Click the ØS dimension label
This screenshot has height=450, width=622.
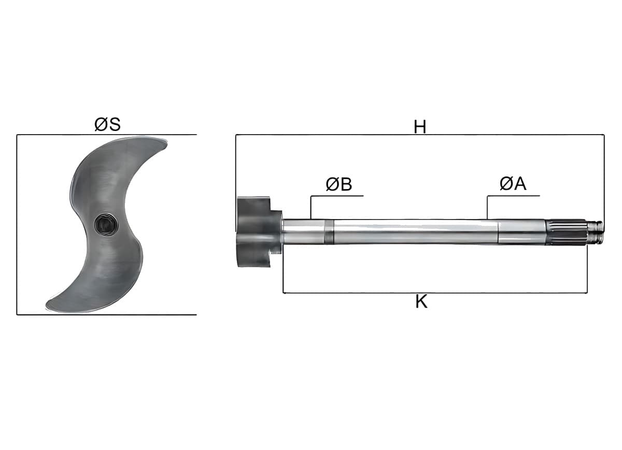(x=107, y=124)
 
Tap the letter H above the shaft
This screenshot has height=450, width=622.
(x=419, y=127)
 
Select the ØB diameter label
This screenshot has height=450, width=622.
(x=339, y=184)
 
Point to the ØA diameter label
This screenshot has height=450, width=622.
(x=513, y=184)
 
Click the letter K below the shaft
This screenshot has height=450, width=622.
(x=421, y=301)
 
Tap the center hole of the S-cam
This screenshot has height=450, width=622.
(x=106, y=224)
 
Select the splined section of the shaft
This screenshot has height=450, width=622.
(x=567, y=232)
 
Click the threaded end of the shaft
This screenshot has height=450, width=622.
(x=595, y=232)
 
